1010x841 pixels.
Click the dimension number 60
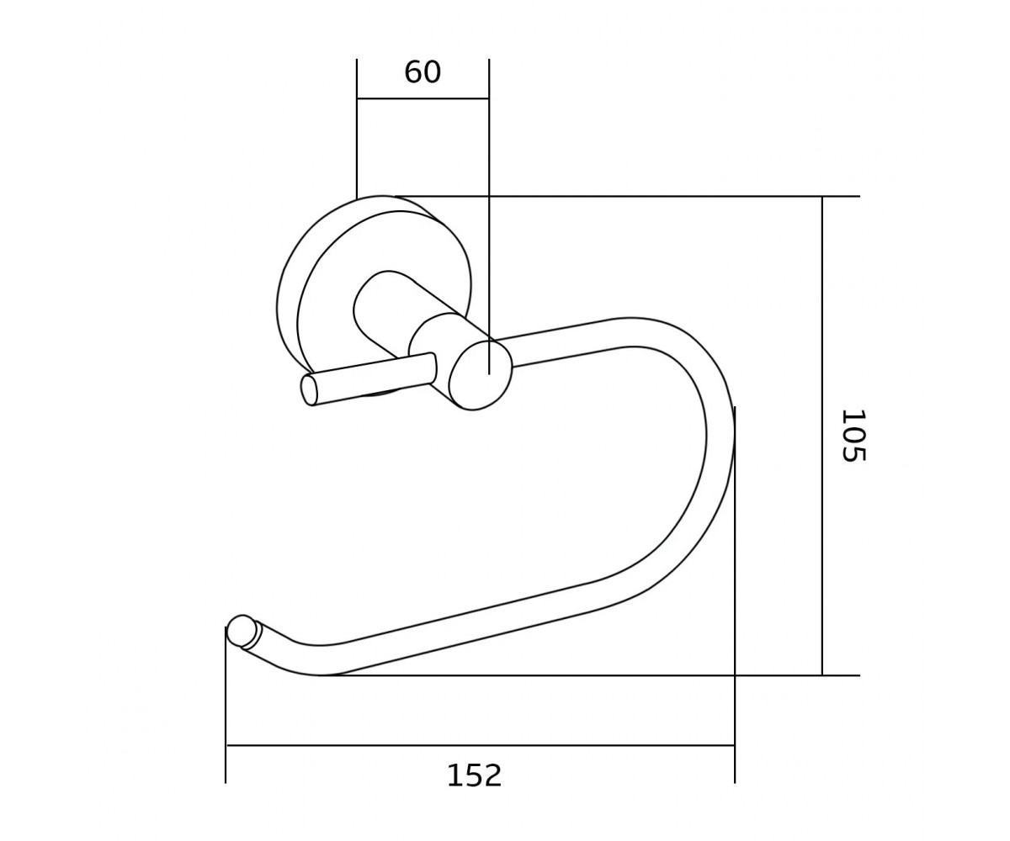click(423, 72)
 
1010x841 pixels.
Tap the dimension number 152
click(474, 775)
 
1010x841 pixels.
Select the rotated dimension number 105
click(853, 436)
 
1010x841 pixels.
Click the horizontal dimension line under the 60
click(423, 98)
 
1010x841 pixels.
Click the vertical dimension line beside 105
click(821, 436)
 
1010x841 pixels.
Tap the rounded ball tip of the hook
click(241, 630)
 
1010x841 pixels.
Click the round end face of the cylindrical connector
click(481, 375)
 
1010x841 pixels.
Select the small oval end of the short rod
click(308, 390)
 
